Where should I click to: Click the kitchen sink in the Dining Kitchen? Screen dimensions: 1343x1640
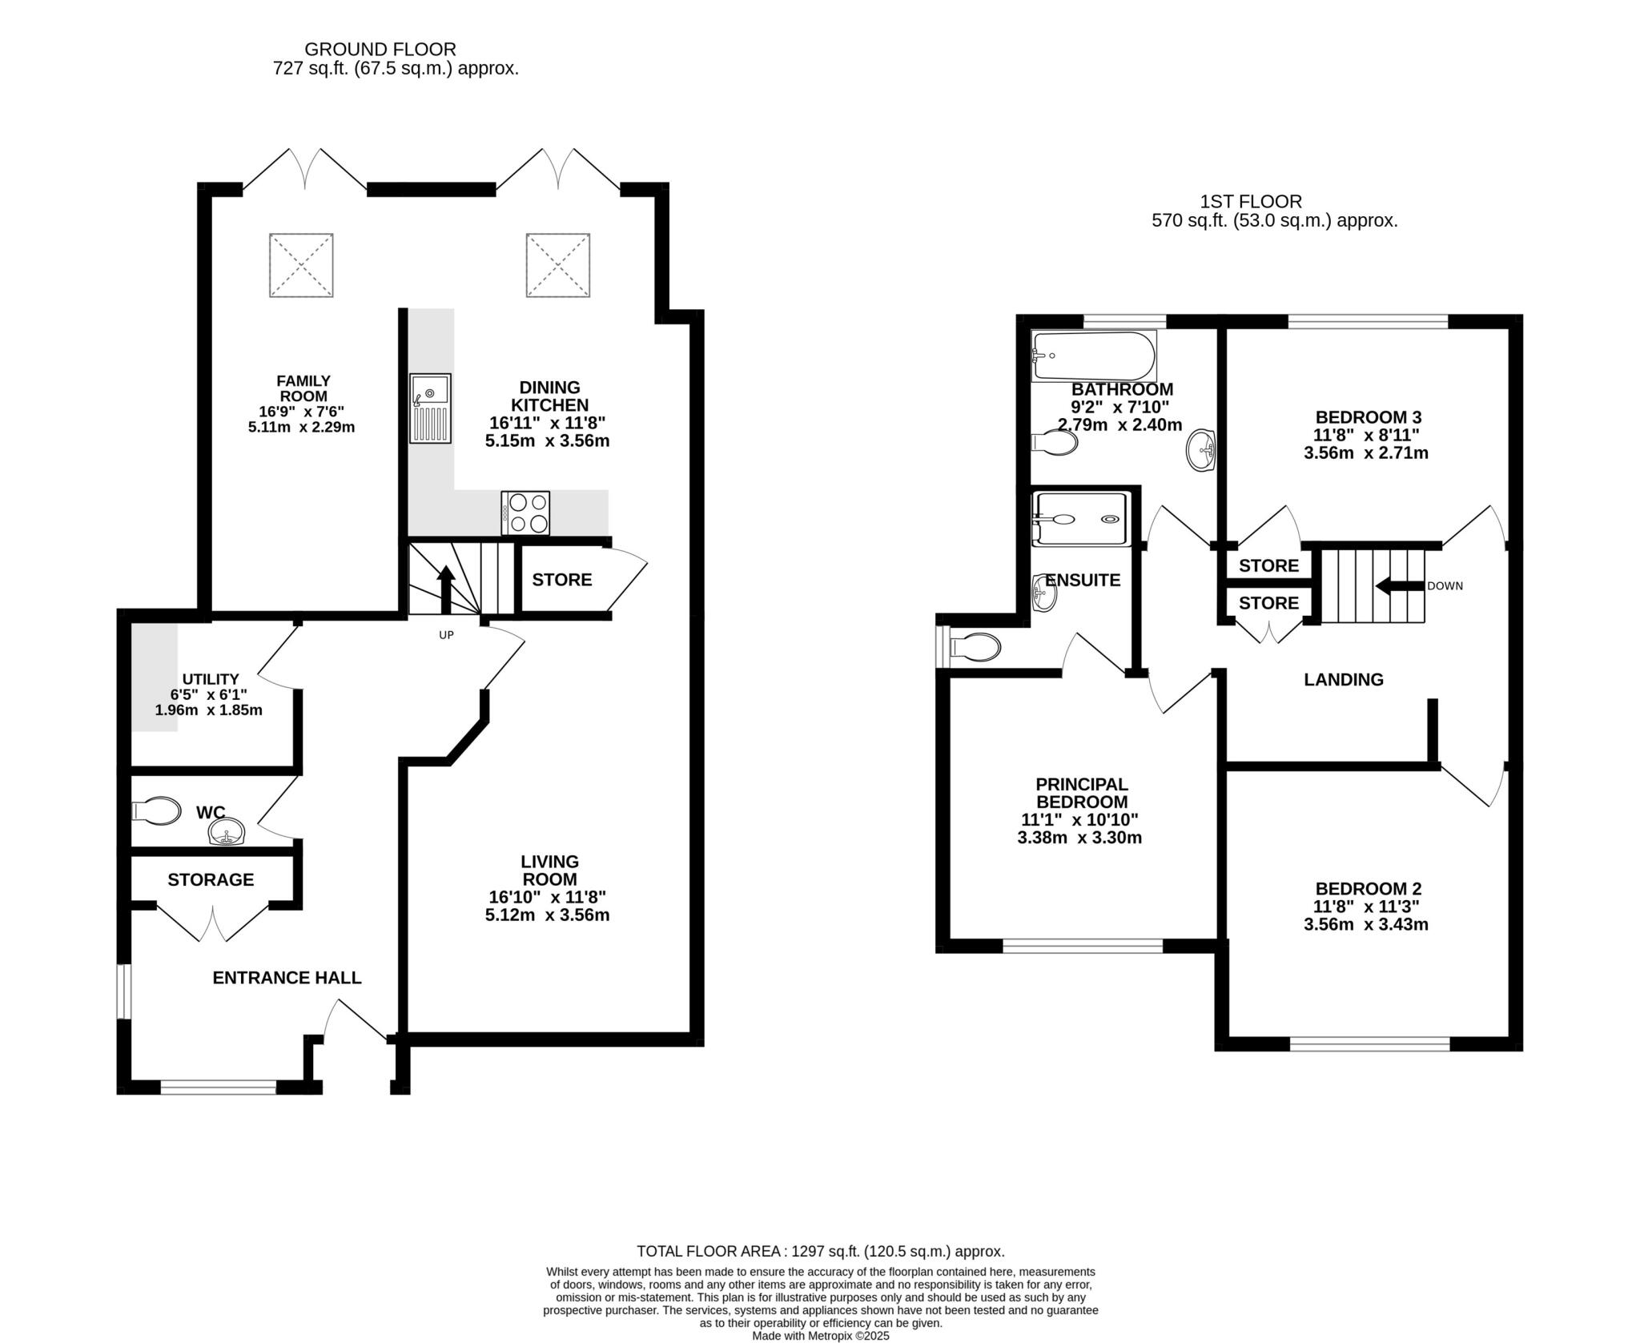430,408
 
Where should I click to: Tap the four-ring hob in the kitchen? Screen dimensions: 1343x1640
526,513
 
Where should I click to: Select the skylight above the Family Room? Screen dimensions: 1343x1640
301,265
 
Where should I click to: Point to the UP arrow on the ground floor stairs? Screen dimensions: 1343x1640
445,589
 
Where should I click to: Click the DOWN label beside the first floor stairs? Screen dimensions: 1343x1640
1445,586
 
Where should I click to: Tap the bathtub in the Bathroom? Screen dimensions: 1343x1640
1094,356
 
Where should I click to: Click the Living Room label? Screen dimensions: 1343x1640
549,870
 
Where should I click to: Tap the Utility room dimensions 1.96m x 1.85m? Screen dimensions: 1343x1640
208,710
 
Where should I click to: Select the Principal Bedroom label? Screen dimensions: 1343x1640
1081,793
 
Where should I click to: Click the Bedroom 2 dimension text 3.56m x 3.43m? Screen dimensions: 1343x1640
1366,924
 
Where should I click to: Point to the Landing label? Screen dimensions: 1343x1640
1343,680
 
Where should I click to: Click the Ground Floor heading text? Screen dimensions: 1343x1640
380,50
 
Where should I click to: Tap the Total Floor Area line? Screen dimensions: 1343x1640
820,1251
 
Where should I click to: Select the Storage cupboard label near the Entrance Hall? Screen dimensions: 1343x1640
211,880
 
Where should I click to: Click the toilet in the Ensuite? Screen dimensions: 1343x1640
974,646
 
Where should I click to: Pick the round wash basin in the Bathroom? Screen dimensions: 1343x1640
1200,449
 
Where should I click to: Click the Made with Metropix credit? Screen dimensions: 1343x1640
820,1336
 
